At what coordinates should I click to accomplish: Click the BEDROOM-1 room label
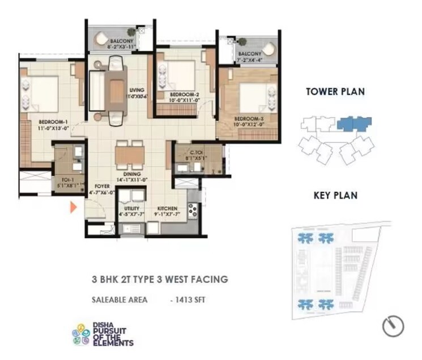coord(54,122)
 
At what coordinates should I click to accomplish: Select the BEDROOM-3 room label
coord(250,118)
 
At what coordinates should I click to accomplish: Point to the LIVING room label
coord(137,90)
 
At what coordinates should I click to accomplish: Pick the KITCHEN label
coord(168,208)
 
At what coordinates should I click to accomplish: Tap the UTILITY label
coord(132,208)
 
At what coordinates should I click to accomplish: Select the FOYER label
coord(102,185)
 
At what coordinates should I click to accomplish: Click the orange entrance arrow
coord(73,207)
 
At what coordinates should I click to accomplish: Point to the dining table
coord(129,155)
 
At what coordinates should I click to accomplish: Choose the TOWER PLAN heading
coord(335,91)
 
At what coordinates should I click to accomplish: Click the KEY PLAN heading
coord(335,195)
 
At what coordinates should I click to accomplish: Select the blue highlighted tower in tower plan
coord(353,123)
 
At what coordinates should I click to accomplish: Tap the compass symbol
coord(393,326)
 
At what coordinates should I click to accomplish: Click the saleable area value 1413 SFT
coord(190,299)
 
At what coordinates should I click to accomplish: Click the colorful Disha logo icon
coord(81,334)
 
